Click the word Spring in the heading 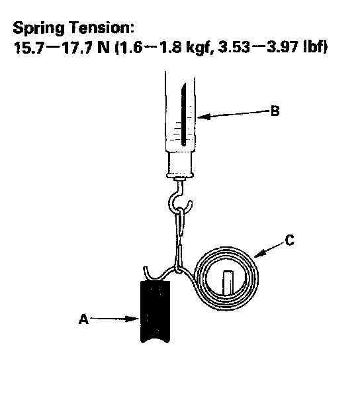38,28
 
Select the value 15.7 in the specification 28,48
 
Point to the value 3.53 234,48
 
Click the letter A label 83,319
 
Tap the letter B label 275,111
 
